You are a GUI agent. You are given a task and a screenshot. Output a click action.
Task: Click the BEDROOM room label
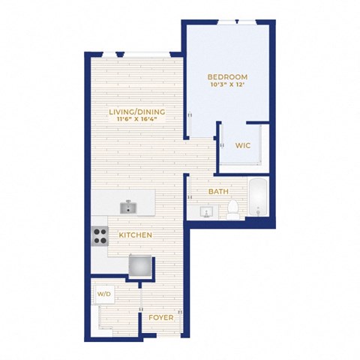tap(227, 77)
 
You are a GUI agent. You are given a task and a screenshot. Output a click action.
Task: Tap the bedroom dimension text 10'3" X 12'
tap(227, 85)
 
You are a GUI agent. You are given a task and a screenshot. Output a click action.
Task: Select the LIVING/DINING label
tap(137, 112)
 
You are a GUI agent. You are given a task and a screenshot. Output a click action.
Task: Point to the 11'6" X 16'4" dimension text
tap(137, 119)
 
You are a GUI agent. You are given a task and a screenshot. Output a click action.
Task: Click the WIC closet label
tap(243, 145)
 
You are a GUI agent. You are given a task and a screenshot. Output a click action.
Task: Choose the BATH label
tap(218, 192)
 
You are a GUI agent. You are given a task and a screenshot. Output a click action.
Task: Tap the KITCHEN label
tap(135, 235)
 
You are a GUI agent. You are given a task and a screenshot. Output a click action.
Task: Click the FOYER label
tap(161, 318)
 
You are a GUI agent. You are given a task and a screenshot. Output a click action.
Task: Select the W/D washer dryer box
tap(103, 294)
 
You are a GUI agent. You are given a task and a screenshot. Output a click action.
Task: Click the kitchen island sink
tap(128, 208)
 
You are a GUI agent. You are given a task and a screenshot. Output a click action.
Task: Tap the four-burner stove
tap(100, 236)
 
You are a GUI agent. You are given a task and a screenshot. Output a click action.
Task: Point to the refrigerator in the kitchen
tap(140, 265)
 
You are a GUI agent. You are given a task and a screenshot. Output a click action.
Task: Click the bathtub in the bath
tap(258, 196)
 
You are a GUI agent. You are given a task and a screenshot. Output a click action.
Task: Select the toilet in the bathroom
tap(233, 209)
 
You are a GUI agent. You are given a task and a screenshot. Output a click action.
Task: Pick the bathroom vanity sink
tap(206, 212)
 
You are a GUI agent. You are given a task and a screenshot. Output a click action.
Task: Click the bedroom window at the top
tap(237, 22)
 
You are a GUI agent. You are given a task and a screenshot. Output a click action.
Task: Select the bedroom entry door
tap(190, 125)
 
